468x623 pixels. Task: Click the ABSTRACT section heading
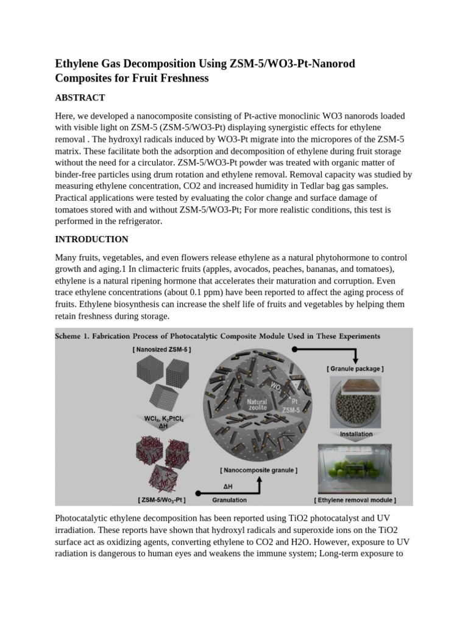click(80, 97)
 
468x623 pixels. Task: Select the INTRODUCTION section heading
click(91, 239)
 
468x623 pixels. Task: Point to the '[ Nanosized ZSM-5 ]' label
click(161, 350)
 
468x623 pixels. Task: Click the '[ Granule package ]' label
click(355, 368)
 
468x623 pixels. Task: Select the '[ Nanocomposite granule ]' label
click(258, 470)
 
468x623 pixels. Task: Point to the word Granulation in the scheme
click(229, 500)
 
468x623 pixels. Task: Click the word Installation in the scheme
click(356, 434)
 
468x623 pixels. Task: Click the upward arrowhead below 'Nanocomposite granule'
click(258, 479)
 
